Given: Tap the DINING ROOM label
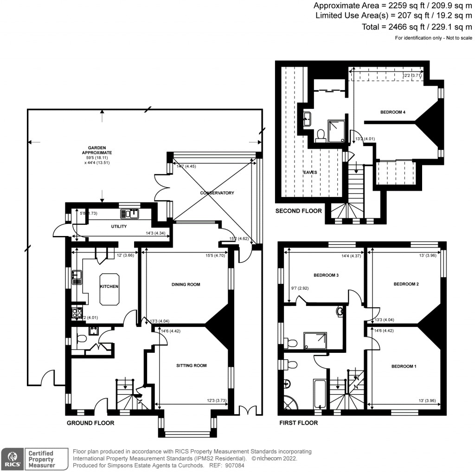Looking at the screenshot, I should [x=186, y=284].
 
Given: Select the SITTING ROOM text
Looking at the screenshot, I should [x=191, y=365].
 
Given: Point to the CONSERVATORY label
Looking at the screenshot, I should [x=218, y=193].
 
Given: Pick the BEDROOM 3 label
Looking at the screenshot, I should [x=326, y=275].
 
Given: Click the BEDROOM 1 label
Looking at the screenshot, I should [x=404, y=366].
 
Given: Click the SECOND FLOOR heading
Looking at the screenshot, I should [x=298, y=210].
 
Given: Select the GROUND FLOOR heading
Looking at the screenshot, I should [x=90, y=423].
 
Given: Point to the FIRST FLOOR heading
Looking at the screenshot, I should [x=298, y=423].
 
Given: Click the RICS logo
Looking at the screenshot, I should [x=12, y=459].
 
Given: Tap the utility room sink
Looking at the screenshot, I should [x=129, y=214].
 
